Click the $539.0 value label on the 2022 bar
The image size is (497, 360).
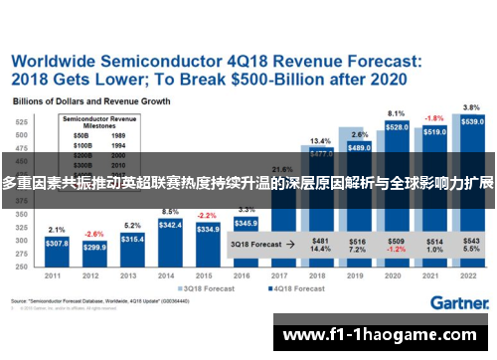[x=473, y=121]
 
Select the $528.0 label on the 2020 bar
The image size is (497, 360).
[x=397, y=127]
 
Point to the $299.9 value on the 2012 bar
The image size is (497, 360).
[x=94, y=247]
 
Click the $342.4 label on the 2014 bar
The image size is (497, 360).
[x=170, y=226]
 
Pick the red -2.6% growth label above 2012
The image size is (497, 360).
[x=92, y=234]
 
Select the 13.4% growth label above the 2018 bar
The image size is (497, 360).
[x=320, y=140]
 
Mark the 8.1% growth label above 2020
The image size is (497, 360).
[x=396, y=113]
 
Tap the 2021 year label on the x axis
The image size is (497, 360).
[x=434, y=276]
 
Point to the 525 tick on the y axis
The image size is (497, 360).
[x=20, y=120]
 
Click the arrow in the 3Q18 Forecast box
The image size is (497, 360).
[x=288, y=242]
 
